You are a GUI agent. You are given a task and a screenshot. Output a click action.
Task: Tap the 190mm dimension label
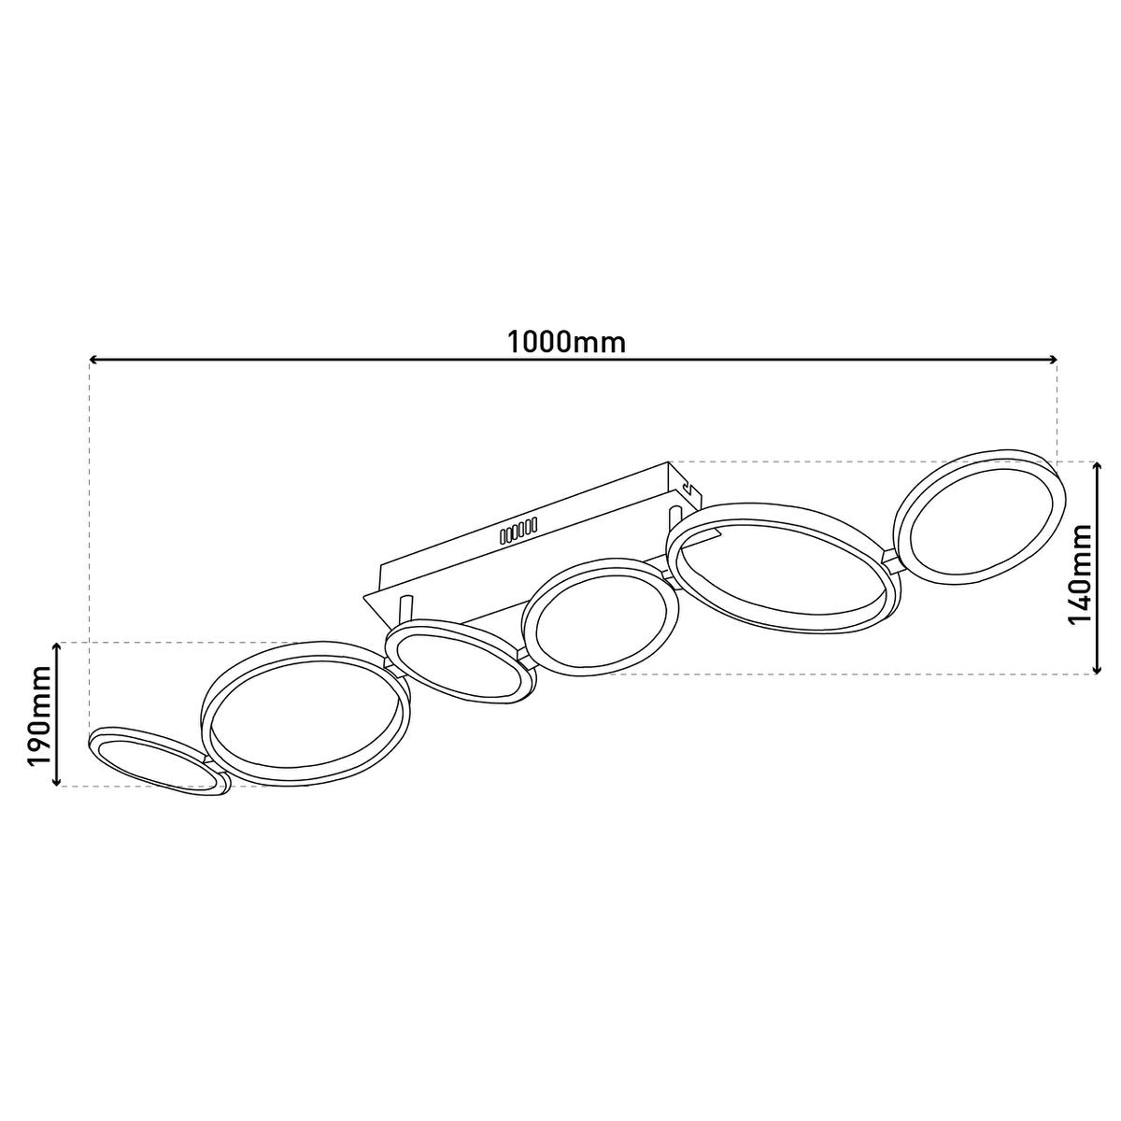tap(37, 715)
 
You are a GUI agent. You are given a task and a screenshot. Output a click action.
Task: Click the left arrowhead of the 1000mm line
tap(94, 359)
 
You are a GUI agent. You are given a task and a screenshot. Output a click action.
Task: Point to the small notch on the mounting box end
tap(688, 488)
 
